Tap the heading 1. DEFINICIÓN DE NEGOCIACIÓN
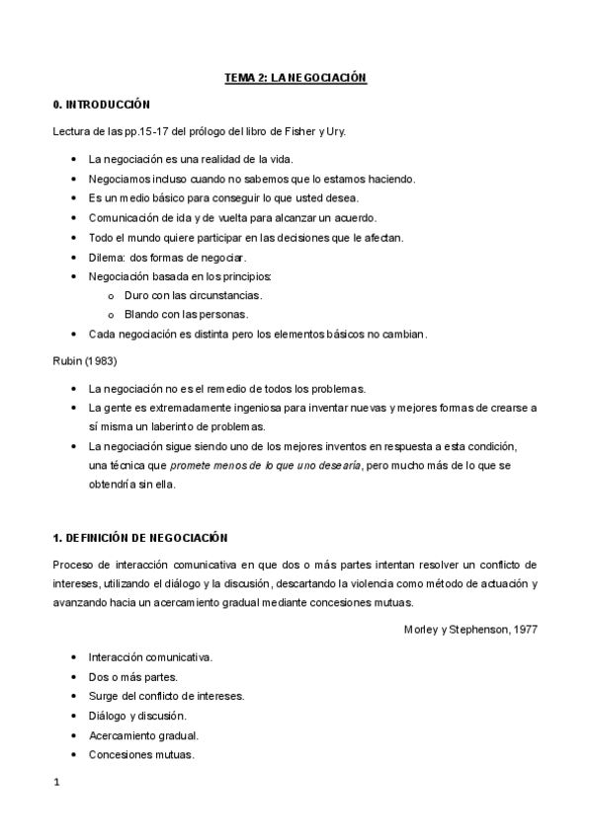[x=139, y=537]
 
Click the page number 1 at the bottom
[x=56, y=782]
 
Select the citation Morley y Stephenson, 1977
[x=470, y=628]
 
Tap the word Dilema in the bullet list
[x=106, y=257]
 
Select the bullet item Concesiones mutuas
[x=140, y=755]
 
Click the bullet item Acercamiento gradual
[x=143, y=735]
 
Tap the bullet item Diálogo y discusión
[x=136, y=715]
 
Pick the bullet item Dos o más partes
[x=132, y=676]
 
